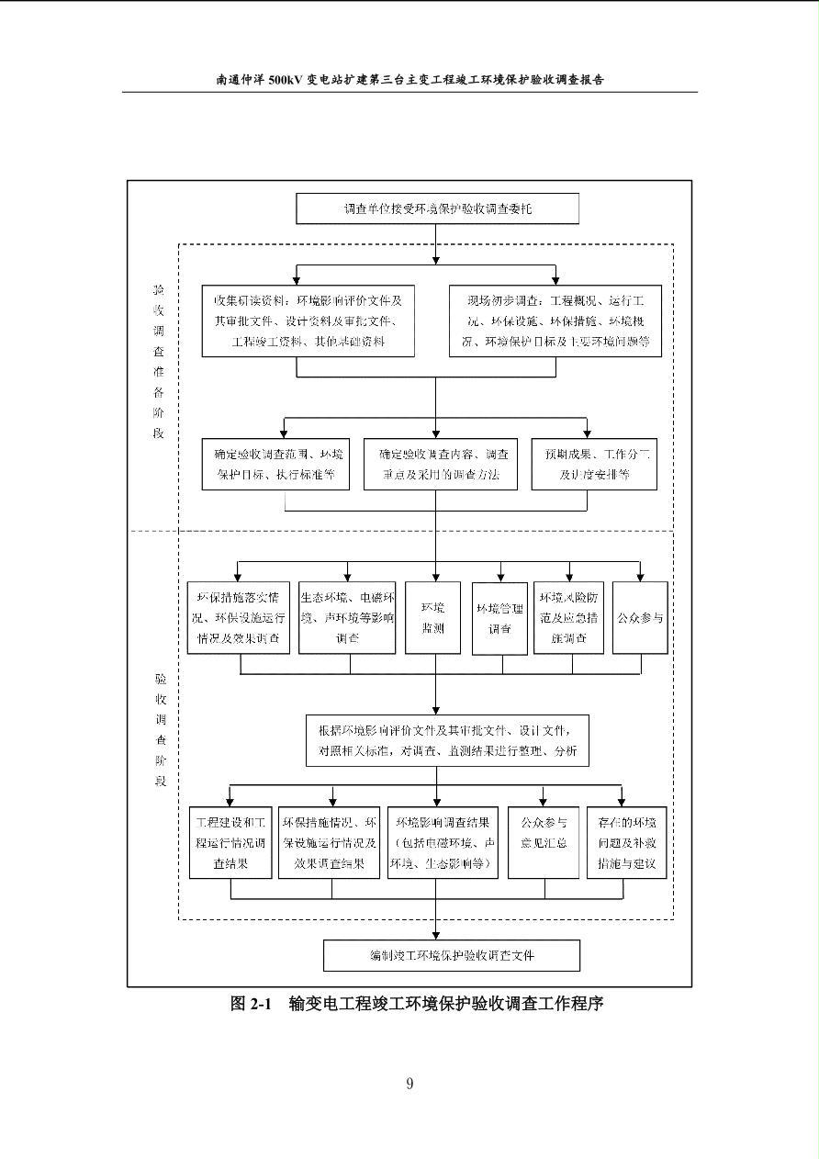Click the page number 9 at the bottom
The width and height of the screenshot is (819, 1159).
[409, 1084]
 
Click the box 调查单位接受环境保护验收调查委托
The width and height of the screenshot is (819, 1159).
[437, 208]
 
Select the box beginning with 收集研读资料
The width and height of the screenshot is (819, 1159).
[309, 321]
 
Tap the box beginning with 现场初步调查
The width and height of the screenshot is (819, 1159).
[555, 321]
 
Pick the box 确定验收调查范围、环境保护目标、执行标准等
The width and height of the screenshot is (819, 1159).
[275, 465]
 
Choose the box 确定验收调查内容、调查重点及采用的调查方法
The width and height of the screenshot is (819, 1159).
[436, 465]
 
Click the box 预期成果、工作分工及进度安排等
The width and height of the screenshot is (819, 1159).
[595, 465]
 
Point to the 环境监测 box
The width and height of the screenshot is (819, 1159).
[433, 617]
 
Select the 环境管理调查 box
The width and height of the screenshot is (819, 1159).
[499, 617]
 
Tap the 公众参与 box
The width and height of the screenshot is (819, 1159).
[640, 617]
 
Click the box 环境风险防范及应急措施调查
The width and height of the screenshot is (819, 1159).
[569, 617]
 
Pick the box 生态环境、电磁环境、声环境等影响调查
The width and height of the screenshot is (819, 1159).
[347, 617]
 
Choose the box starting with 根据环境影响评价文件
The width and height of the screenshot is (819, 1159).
[448, 741]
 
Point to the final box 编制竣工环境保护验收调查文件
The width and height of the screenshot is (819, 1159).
[452, 955]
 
